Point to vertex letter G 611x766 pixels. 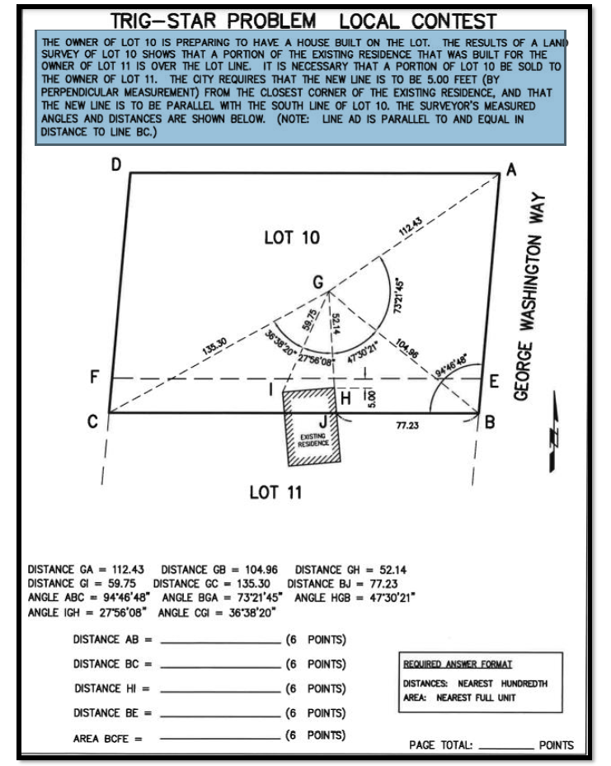tap(318, 282)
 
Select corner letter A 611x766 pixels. tap(510, 169)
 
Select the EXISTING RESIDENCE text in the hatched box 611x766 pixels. tap(313, 438)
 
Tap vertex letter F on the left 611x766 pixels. tap(96, 378)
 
